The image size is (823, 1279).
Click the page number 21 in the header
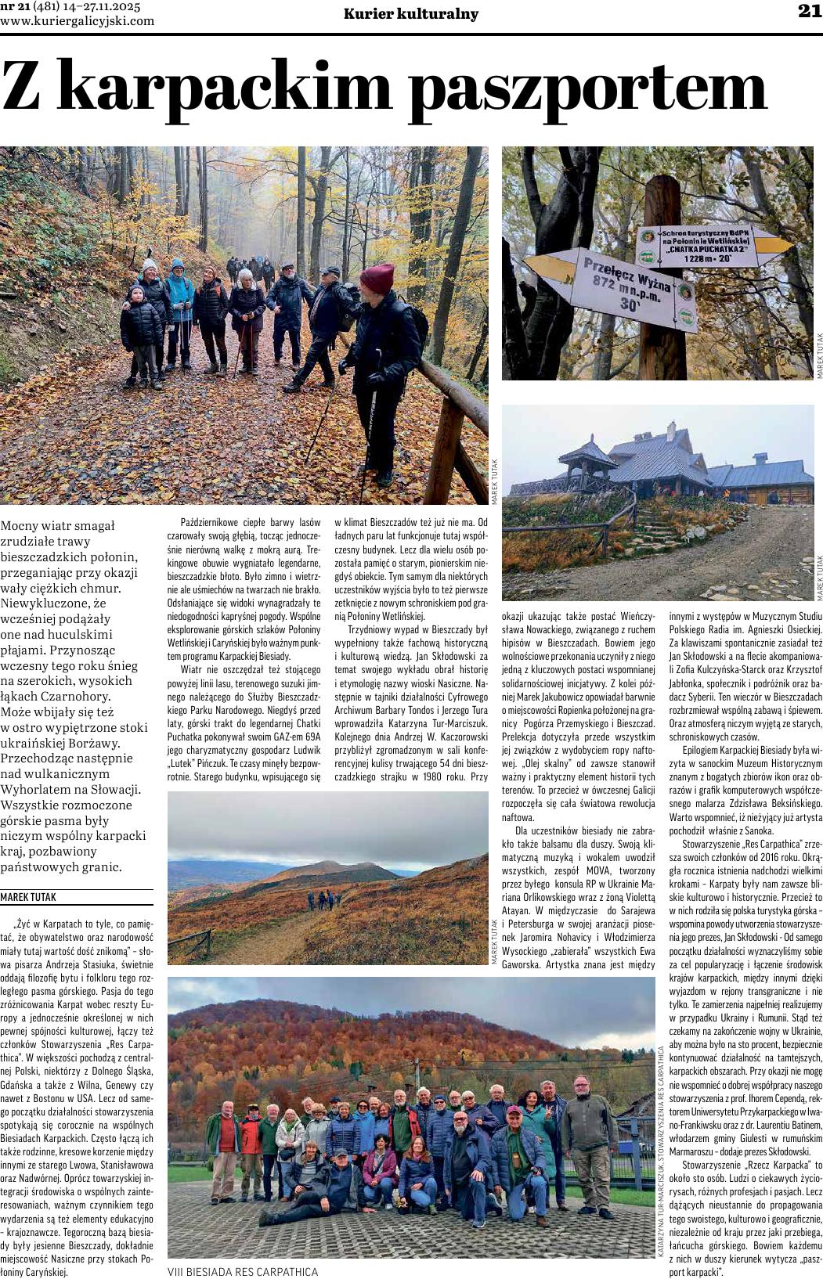point(809,11)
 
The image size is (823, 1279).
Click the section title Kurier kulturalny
point(410,13)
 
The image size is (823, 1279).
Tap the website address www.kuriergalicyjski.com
point(78,21)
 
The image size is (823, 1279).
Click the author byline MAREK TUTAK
point(28,897)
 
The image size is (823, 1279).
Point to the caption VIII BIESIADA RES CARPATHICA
point(243,1271)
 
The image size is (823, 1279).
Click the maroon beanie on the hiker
point(377,278)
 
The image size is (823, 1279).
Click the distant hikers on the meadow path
point(323,900)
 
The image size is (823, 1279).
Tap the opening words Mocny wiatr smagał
point(58,525)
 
